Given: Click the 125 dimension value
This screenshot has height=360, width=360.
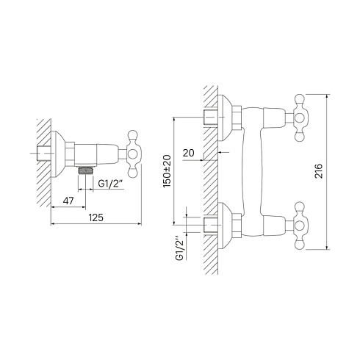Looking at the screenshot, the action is [96, 217].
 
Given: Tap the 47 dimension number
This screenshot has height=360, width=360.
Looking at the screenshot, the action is [68, 201].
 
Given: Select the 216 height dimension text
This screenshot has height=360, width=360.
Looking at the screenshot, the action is [319, 171].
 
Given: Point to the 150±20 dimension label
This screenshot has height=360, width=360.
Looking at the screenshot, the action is [167, 171].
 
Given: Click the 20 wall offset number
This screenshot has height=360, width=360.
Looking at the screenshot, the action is [189, 153].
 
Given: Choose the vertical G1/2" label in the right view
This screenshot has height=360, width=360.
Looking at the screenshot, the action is [180, 248].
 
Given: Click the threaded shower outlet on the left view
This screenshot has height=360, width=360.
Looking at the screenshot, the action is [85, 170].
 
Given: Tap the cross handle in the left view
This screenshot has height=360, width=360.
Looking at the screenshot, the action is [132, 154].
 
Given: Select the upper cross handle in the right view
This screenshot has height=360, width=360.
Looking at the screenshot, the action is [299, 118].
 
